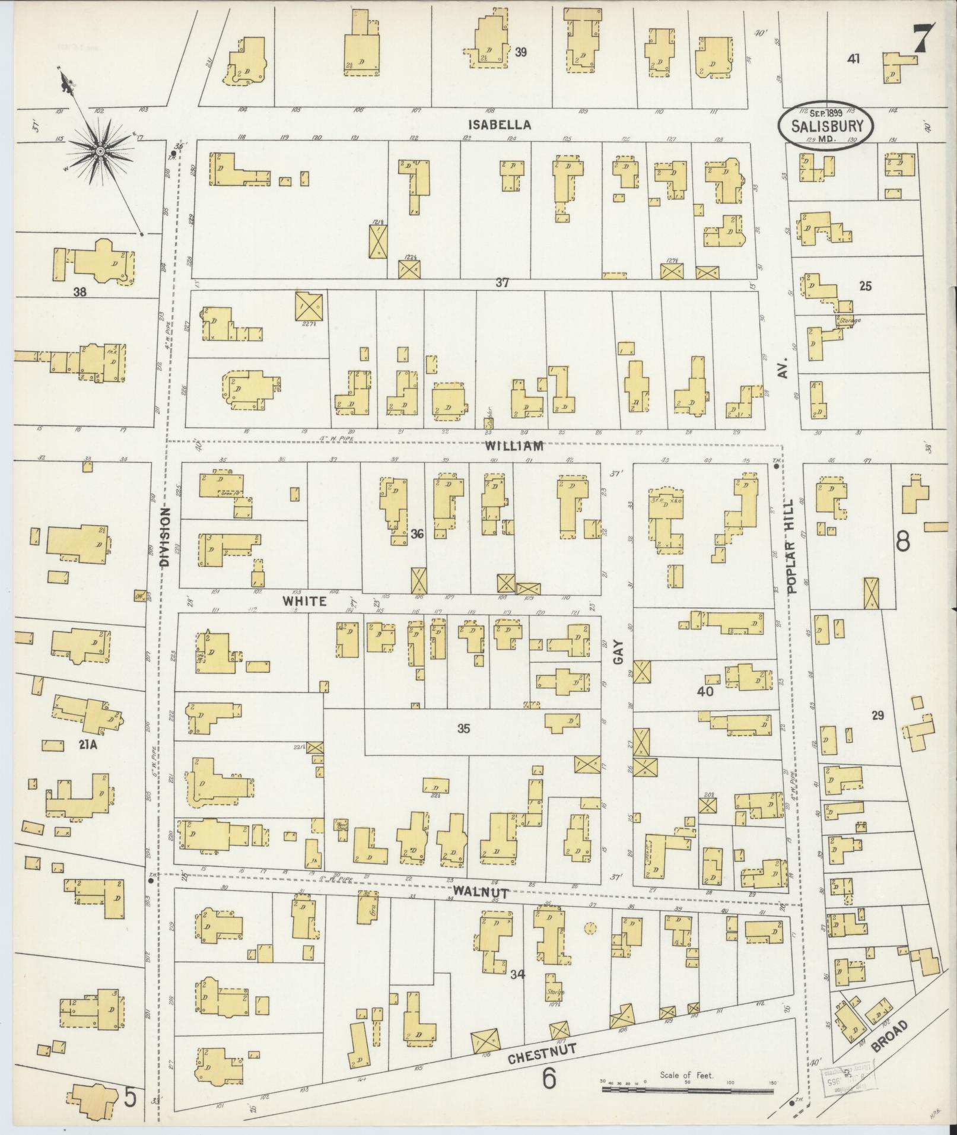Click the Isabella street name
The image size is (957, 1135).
click(x=499, y=125)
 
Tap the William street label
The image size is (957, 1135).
click(x=514, y=446)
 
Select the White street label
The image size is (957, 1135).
click(x=304, y=602)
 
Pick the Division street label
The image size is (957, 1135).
click(x=165, y=536)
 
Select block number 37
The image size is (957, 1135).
click(x=503, y=284)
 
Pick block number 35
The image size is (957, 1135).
click(x=463, y=729)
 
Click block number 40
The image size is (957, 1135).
click(x=705, y=691)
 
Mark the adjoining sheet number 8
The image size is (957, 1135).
click(x=903, y=541)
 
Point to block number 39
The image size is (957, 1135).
click(x=521, y=52)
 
